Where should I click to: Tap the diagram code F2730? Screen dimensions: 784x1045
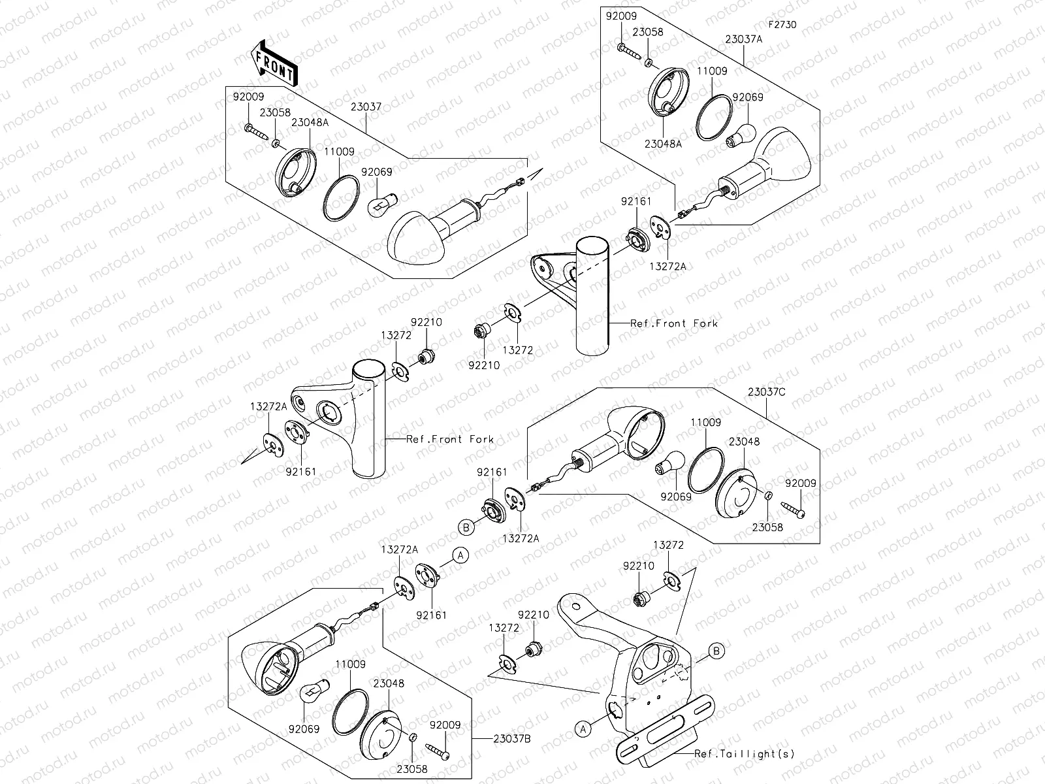(x=782, y=25)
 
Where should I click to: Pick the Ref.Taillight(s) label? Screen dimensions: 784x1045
(x=745, y=753)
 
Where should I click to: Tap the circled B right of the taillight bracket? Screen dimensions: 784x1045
(x=716, y=651)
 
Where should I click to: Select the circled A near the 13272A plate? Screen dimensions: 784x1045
(x=460, y=555)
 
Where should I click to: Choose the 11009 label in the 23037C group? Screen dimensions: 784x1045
(x=706, y=422)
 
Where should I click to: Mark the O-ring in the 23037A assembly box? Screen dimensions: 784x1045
(x=713, y=118)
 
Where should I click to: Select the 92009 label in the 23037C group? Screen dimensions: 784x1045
(x=801, y=483)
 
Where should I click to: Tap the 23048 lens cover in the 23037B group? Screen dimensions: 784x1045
(x=385, y=739)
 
